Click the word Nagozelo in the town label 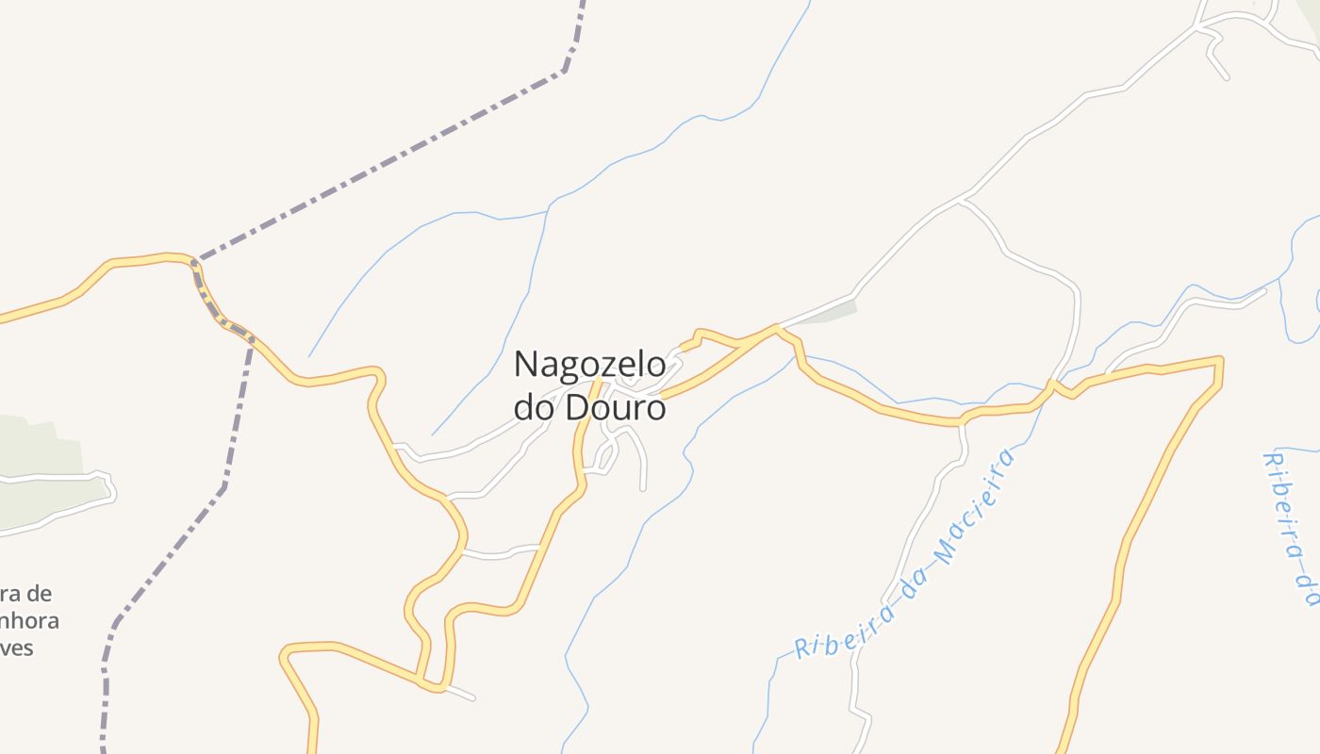(589, 364)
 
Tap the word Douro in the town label (615, 408)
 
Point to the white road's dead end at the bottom (473, 698)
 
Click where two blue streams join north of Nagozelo (547, 207)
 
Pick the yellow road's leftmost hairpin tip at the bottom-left (283, 652)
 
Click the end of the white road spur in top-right (1227, 78)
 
